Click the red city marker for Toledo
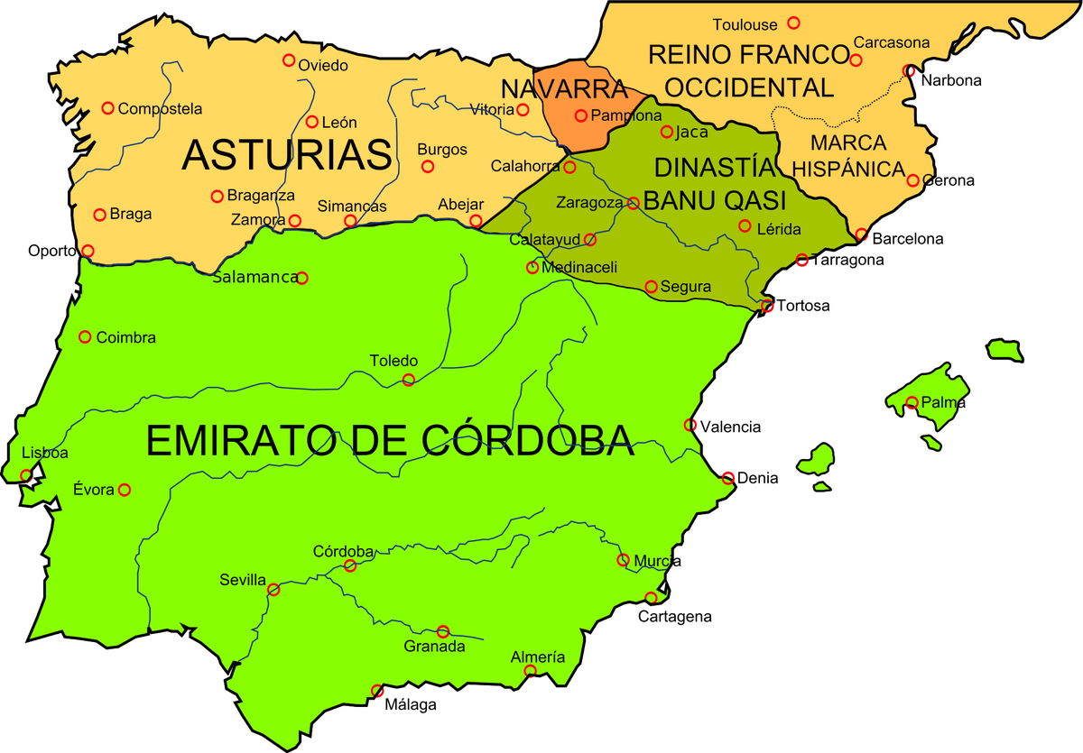coord(408,380)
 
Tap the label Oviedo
coord(323,65)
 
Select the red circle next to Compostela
coord(107,108)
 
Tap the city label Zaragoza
coord(588,203)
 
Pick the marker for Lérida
coord(745,225)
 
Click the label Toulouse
coord(746,24)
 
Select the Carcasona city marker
coord(856,60)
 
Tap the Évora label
coord(93,490)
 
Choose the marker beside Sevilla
coord(273,590)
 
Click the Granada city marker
coord(443,632)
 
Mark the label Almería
coord(538,657)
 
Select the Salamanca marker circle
coord(302,278)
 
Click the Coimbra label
coord(125,338)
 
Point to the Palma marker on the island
coord(912,403)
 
